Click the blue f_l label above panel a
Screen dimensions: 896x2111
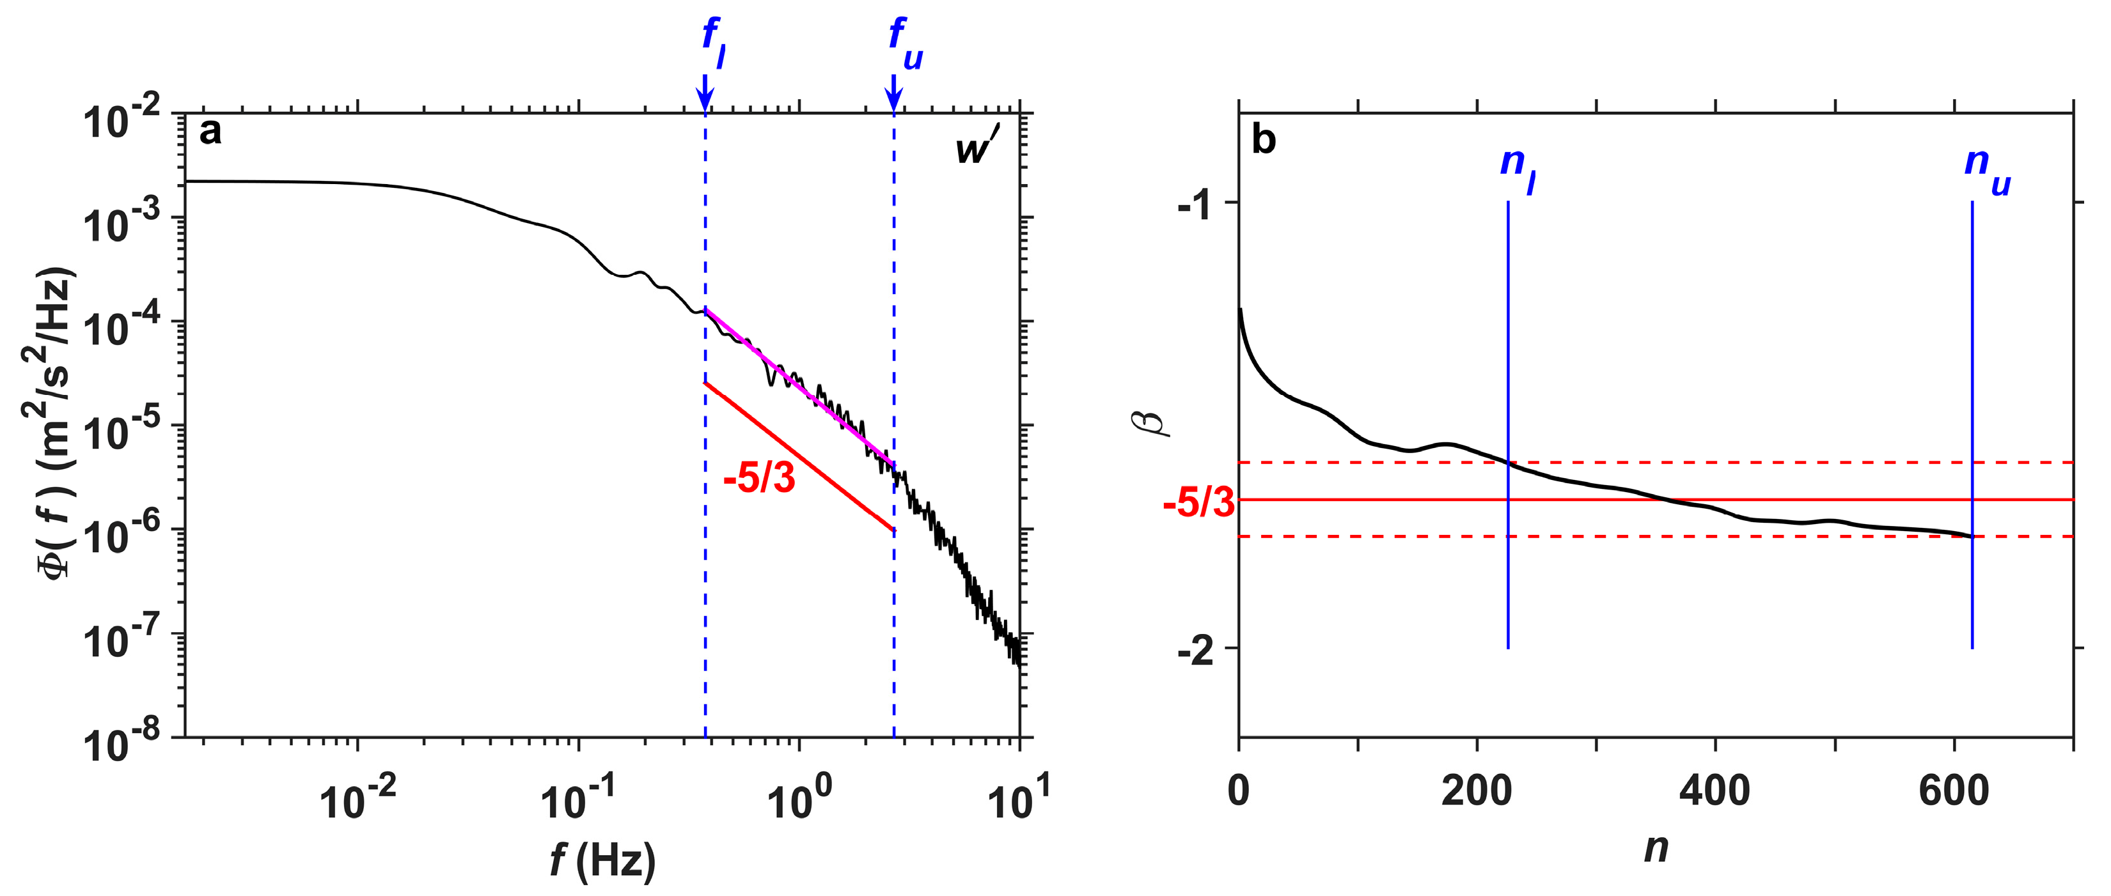click(x=713, y=43)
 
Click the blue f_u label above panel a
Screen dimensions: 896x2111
click(x=905, y=43)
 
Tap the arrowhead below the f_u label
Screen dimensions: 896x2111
click(x=893, y=99)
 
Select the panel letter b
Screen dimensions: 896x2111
click(x=1263, y=141)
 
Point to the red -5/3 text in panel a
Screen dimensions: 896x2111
click(x=759, y=477)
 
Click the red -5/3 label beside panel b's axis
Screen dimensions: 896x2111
click(x=1198, y=502)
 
